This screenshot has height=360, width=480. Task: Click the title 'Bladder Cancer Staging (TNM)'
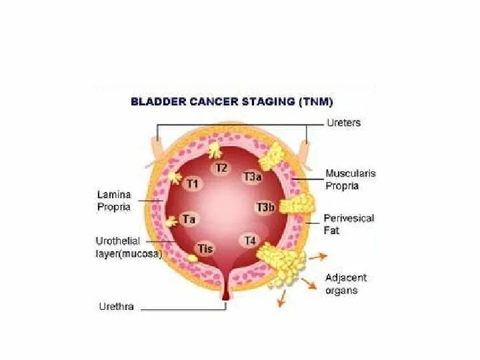click(232, 102)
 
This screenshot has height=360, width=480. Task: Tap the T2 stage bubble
click(221, 167)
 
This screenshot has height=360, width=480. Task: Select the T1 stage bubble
click(192, 183)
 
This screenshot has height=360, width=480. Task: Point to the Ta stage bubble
click(189, 219)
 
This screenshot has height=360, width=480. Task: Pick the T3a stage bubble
click(252, 177)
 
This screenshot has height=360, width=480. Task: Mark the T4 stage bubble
click(250, 240)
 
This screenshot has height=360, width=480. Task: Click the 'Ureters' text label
click(343, 123)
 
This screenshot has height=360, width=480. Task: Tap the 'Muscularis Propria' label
click(351, 179)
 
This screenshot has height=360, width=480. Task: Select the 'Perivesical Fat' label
click(349, 224)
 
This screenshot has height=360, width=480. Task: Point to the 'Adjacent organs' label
click(346, 284)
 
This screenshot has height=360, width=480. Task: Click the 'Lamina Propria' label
click(114, 201)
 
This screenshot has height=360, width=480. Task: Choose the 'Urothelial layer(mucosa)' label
click(129, 247)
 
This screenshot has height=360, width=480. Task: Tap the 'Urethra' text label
click(117, 307)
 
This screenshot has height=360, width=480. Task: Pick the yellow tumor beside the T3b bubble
click(295, 205)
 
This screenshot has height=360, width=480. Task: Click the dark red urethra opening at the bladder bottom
click(225, 296)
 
